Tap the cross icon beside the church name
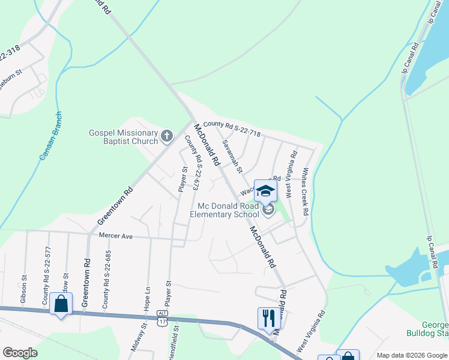pos(167,137)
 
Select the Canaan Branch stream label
pos(50,136)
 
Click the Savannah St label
pos(232,157)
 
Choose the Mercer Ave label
pos(115,237)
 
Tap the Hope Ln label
pos(147,298)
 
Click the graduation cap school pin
pos(265,192)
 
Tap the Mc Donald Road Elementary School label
pos(225,209)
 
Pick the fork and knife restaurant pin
pos(268,317)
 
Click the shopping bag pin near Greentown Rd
pos(61,304)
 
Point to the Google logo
pos(20,353)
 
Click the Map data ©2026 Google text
pos(411,355)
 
